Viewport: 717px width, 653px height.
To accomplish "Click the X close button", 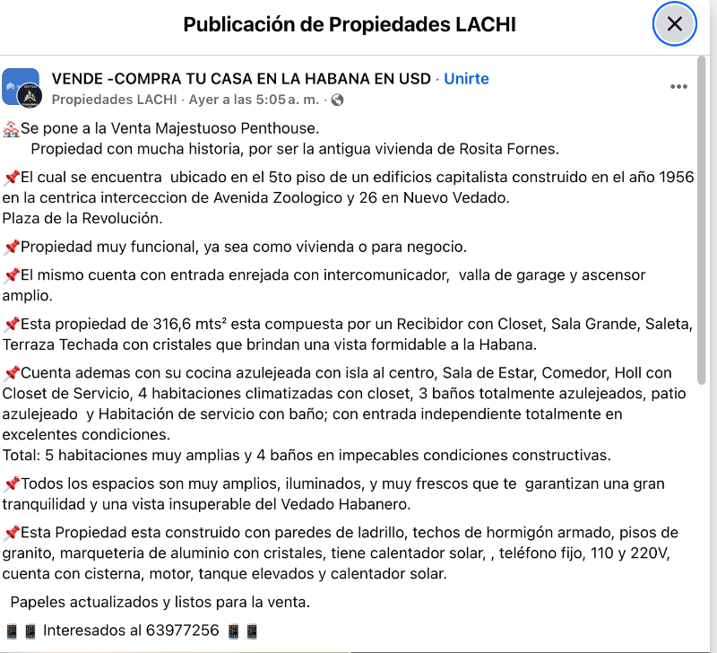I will tap(674, 24).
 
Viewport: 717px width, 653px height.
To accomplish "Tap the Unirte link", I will tap(466, 78).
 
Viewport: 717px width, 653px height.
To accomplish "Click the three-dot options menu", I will tap(678, 87).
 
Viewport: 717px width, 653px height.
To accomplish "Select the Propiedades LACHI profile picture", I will tap(21, 88).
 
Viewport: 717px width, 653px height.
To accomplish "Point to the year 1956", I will tap(676, 177).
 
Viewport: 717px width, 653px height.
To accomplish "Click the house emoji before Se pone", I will tap(11, 129).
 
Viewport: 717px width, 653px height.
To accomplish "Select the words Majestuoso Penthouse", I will tap(237, 129).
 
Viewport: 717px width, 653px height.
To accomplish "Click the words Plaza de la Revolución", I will tap(82, 218).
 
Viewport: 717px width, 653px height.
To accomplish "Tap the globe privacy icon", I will tap(337, 100).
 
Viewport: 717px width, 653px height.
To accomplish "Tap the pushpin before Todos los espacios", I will tap(11, 484).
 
